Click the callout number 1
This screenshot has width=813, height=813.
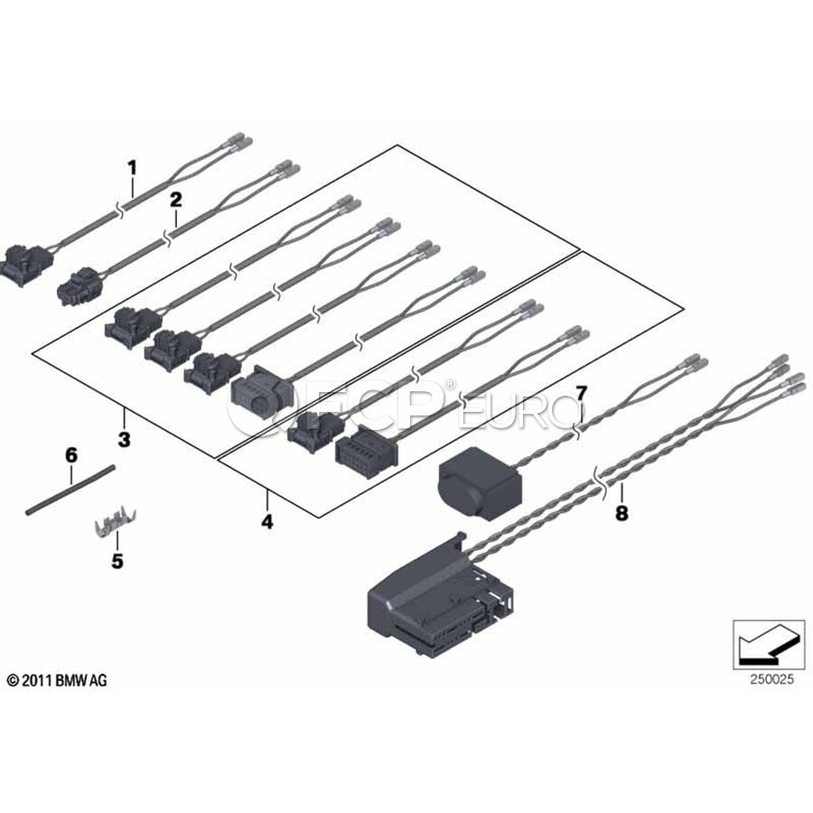click(x=133, y=168)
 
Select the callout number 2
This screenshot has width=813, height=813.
click(x=176, y=200)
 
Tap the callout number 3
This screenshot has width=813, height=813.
click(x=124, y=440)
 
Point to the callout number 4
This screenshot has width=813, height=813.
click(x=267, y=521)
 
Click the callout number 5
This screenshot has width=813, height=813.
click(x=117, y=560)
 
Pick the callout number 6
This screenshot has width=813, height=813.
click(x=71, y=456)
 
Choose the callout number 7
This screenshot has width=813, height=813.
click(x=581, y=394)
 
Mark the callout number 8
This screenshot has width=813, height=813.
click(x=621, y=513)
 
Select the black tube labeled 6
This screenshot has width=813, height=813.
click(x=70, y=491)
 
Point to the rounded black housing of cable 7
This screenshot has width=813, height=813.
click(x=480, y=482)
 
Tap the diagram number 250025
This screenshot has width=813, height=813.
click(x=771, y=679)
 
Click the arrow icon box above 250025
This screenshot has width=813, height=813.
click(x=769, y=644)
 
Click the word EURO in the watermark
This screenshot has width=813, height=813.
click(x=518, y=410)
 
